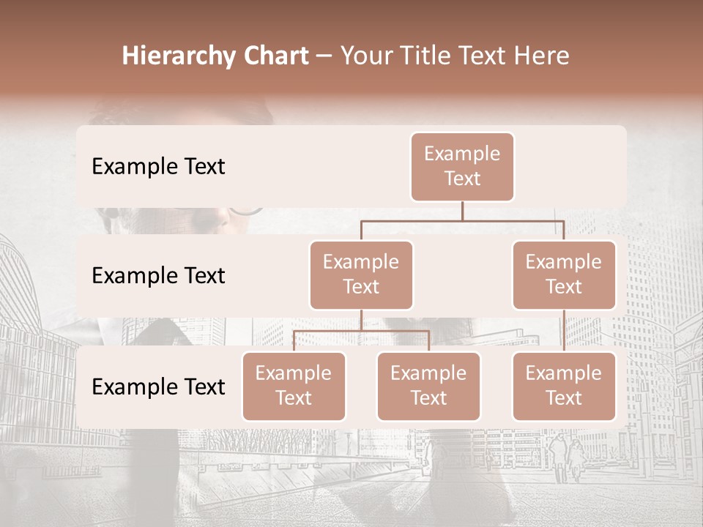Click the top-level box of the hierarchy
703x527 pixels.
pyautogui.click(x=462, y=167)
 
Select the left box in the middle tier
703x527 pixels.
pyautogui.click(x=361, y=274)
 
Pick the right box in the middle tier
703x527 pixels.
pyautogui.click(x=564, y=274)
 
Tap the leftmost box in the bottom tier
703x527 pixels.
pyautogui.click(x=294, y=386)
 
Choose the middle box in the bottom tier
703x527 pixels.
pyautogui.click(x=428, y=386)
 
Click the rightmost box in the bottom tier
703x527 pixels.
pyautogui.click(x=564, y=386)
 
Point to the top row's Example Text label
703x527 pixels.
pyautogui.click(x=158, y=167)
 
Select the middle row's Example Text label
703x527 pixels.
pyautogui.click(x=158, y=276)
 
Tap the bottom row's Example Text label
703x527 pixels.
pyautogui.click(x=158, y=387)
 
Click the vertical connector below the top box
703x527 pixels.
pyautogui.click(x=462, y=211)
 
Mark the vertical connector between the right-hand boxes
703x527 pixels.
pyautogui.click(x=564, y=331)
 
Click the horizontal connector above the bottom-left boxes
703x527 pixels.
pyautogui.click(x=361, y=331)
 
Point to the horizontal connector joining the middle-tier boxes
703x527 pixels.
pyautogui.click(x=462, y=220)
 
